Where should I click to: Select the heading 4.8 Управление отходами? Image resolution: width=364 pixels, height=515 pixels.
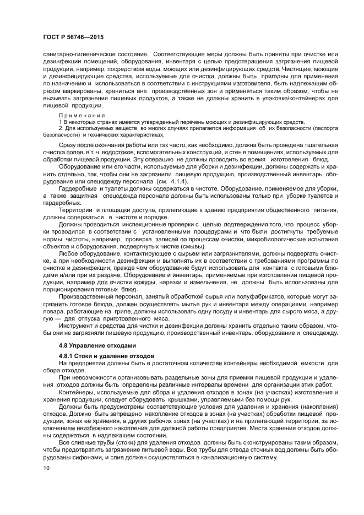click(96, 345)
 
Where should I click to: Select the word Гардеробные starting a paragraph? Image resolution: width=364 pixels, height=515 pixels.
click(76, 189)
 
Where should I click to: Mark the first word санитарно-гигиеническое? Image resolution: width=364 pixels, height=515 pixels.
click(75, 55)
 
